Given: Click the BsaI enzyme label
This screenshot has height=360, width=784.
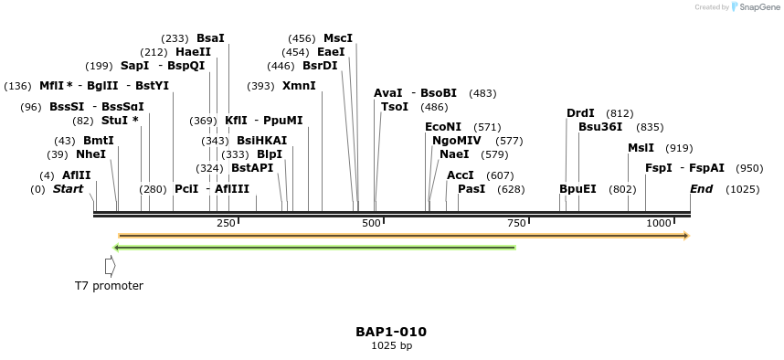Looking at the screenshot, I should (210, 38).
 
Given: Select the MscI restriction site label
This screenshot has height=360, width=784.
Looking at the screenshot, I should (337, 38).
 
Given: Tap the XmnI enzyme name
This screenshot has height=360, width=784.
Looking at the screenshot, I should (299, 86).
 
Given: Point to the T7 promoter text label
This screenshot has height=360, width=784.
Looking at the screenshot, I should (109, 286).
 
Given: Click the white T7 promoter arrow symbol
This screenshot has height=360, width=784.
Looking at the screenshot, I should (111, 266).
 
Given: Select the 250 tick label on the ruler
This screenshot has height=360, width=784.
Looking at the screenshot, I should (226, 224).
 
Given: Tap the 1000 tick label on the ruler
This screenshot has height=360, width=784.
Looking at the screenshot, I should (658, 224).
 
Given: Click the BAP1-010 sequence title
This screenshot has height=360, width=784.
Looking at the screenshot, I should (391, 332).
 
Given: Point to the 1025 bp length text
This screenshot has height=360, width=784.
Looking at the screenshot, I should (391, 346).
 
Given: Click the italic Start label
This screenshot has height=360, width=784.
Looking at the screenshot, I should (68, 189).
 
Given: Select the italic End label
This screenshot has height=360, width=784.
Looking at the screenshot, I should (702, 189).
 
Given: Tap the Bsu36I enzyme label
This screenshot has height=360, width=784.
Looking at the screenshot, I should (600, 127).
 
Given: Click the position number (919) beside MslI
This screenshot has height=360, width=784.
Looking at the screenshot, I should (679, 148).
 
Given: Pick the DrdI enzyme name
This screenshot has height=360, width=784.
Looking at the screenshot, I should (580, 113).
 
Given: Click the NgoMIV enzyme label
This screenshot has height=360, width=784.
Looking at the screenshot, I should (457, 141).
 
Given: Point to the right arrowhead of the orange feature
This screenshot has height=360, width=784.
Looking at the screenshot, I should (685, 236).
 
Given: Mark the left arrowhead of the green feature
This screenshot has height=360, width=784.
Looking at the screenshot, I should (116, 247).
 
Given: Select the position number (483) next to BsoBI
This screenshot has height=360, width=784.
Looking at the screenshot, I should (482, 93).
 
